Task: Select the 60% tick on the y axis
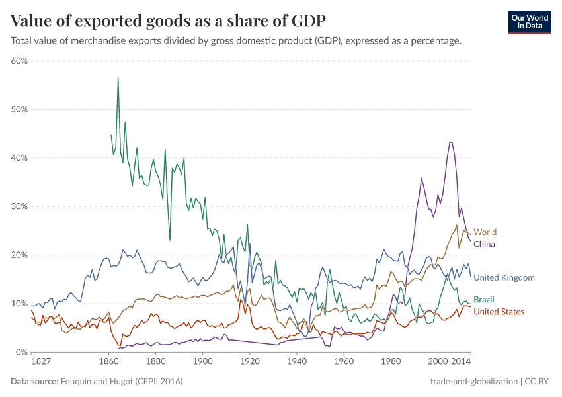pyautogui.click(x=19, y=61)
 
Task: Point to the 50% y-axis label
pyautogui.click(x=19, y=109)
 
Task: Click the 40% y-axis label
pyautogui.click(x=19, y=158)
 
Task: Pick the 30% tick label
pyautogui.click(x=19, y=206)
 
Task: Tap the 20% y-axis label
pyautogui.click(x=19, y=255)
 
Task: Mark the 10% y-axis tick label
pyautogui.click(x=19, y=304)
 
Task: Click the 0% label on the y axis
pyautogui.click(x=21, y=353)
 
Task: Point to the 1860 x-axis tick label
pyautogui.click(x=108, y=363)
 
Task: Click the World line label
pyautogui.click(x=485, y=232)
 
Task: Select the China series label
pyautogui.click(x=484, y=244)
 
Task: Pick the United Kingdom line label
pyautogui.click(x=504, y=277)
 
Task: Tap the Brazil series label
pyautogui.click(x=483, y=300)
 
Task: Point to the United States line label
pyautogui.click(x=499, y=312)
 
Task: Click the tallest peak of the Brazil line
pyautogui.click(x=118, y=79)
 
